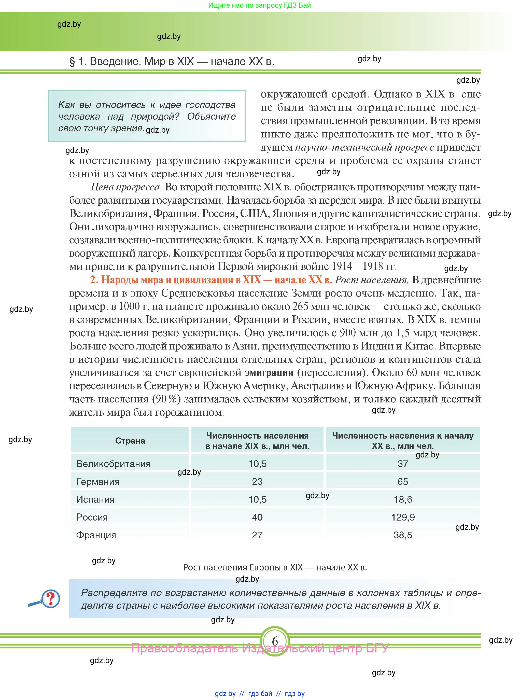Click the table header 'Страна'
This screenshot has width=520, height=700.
(x=130, y=441)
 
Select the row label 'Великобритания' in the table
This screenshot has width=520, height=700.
(x=113, y=464)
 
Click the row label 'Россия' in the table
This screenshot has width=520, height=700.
(x=92, y=517)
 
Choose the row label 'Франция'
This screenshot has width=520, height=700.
(x=96, y=535)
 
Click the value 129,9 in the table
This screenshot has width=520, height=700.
(x=403, y=517)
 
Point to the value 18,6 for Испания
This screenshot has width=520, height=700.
(x=403, y=499)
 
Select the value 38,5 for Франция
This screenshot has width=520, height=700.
(x=403, y=535)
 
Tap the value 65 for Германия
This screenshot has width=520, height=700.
(x=403, y=482)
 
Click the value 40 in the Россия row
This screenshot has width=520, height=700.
(x=257, y=517)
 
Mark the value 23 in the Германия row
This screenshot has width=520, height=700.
(x=257, y=482)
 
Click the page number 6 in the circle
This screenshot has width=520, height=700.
(x=275, y=641)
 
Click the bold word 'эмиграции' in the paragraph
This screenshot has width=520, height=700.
(x=269, y=373)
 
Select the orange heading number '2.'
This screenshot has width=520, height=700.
(x=94, y=280)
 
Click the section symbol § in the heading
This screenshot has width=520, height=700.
(x=72, y=62)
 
